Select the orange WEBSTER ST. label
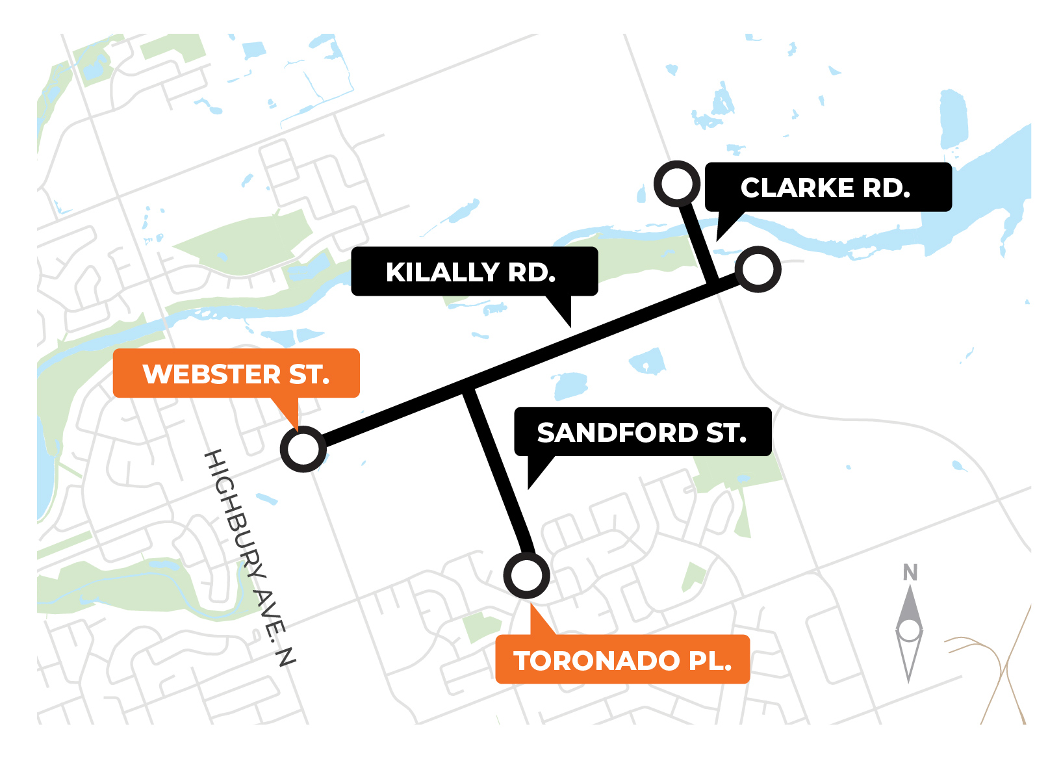pos(236,374)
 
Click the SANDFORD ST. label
pos(643,432)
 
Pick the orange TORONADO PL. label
pos(622,660)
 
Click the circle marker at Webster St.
pos(303,449)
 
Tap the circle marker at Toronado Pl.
pos(526,576)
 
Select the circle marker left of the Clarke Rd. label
pos(677,184)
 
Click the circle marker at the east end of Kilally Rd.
pos(758,269)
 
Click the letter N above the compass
pos(910,572)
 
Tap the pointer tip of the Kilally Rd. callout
pos(570,326)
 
